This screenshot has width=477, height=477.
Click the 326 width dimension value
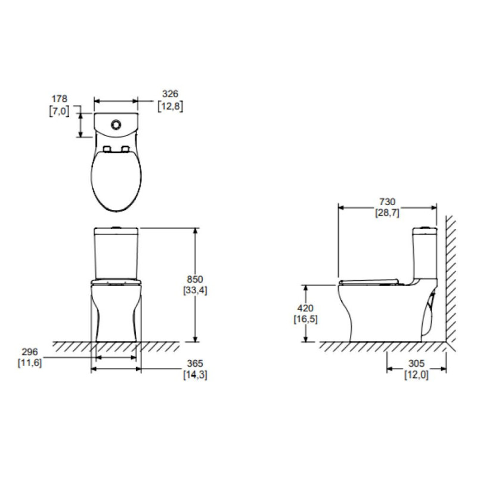[170, 94]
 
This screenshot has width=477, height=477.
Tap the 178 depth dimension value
[59, 99]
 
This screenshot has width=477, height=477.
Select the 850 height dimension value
[195, 279]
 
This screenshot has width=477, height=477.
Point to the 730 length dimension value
[387, 202]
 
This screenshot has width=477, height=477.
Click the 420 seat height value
[305, 308]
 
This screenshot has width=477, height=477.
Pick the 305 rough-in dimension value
[416, 363]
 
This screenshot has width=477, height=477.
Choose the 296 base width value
[30, 352]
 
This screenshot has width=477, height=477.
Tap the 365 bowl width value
[195, 363]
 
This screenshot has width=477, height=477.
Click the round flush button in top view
[116, 125]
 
